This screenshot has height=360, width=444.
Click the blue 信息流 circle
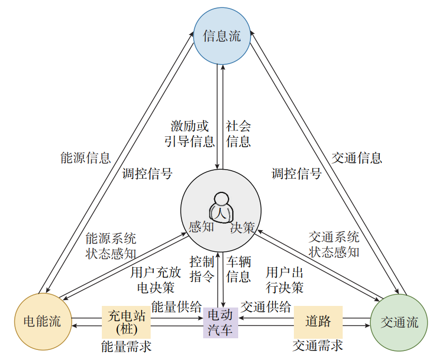[x=222, y=36]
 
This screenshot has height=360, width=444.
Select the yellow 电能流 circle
[x=42, y=321]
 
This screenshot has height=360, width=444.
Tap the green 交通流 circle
[x=399, y=322]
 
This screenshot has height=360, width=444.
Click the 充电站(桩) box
[x=126, y=322]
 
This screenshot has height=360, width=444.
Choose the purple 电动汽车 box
[x=220, y=322]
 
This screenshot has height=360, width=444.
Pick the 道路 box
[x=318, y=321]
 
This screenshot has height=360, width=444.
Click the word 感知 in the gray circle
[x=202, y=227]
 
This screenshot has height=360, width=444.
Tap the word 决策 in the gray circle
[x=242, y=228]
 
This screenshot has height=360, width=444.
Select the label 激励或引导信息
[x=189, y=134]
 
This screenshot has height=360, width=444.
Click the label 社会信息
[x=239, y=134]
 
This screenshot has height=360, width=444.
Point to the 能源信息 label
[x=85, y=157]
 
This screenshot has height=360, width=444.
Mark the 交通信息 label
[x=357, y=157]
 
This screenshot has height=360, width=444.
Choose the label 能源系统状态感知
[x=110, y=245]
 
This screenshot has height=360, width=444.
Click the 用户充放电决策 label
[x=156, y=280]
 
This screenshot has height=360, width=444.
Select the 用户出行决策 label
[x=285, y=280]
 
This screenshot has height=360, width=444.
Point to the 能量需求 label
[x=126, y=346]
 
